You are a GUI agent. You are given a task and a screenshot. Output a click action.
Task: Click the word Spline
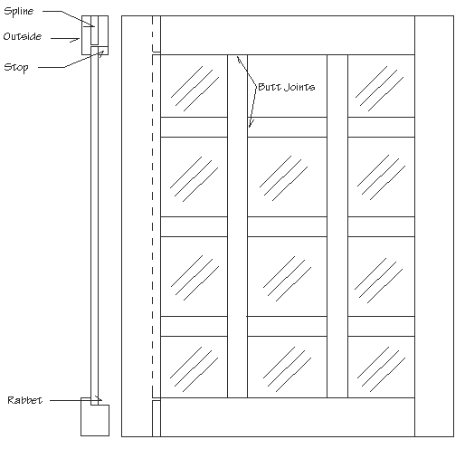[18, 12]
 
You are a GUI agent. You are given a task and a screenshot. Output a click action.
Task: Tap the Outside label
[23, 36]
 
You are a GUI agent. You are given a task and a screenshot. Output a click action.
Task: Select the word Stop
[16, 67]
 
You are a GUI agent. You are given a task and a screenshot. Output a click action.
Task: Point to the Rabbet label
[24, 400]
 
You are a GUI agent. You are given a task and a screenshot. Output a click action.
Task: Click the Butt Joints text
[287, 87]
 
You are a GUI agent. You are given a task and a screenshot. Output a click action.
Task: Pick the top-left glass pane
[194, 86]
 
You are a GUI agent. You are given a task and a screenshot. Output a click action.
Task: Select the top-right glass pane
[381, 86]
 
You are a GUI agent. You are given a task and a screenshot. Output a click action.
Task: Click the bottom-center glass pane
[287, 367]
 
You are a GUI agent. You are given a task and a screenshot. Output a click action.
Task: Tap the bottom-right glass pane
[381, 367]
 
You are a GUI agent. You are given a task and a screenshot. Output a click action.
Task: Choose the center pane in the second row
[287, 177]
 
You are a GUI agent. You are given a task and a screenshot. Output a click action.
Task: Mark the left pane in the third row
[194, 276]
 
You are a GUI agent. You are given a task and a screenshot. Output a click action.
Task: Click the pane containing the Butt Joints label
[287, 86]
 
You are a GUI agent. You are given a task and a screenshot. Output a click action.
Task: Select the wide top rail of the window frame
[288, 35]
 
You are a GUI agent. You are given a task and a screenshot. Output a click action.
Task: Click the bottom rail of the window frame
[288, 417]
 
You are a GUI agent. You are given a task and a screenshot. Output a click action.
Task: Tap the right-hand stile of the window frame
[434, 226]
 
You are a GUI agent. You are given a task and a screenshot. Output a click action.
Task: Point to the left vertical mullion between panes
[237, 226]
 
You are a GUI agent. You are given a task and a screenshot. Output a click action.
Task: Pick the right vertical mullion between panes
[337, 226]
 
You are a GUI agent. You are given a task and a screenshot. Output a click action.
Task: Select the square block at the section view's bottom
[95, 420]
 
